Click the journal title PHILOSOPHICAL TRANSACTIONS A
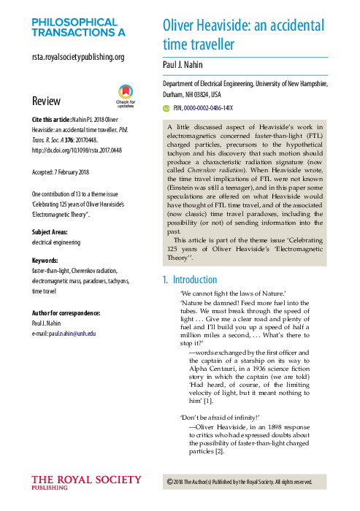tap(78, 27)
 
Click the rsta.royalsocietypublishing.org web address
tap(78, 57)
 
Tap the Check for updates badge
tap(126, 95)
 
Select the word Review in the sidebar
tap(46, 101)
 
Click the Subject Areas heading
tap(53, 232)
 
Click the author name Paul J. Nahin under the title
tap(188, 65)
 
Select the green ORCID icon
tap(166, 107)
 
